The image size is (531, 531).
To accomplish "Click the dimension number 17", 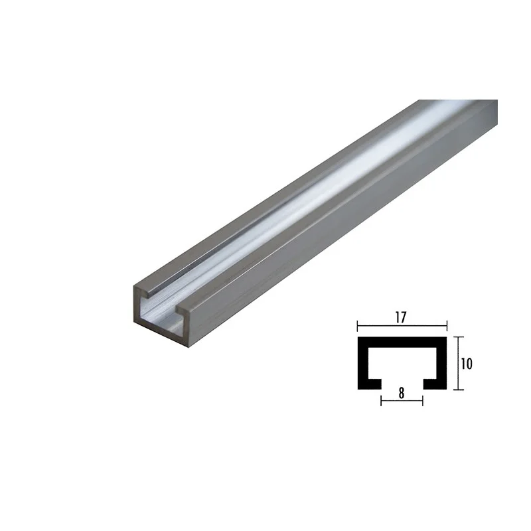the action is click(x=400, y=318).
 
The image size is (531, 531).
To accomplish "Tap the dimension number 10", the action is click(x=467, y=364).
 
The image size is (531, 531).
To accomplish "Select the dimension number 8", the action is click(x=402, y=394).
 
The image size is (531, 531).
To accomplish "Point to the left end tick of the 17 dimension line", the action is click(x=358, y=326).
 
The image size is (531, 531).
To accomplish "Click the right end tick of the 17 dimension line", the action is click(x=447, y=326).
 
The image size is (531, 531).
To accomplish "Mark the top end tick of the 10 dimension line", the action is click(x=458, y=337).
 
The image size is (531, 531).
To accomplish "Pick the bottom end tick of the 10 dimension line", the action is click(x=458, y=390).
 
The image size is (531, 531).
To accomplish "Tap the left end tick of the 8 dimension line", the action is click(x=381, y=402).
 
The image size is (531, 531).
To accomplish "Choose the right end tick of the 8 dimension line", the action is click(x=423, y=402).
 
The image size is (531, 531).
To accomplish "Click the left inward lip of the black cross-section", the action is click(x=374, y=384).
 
